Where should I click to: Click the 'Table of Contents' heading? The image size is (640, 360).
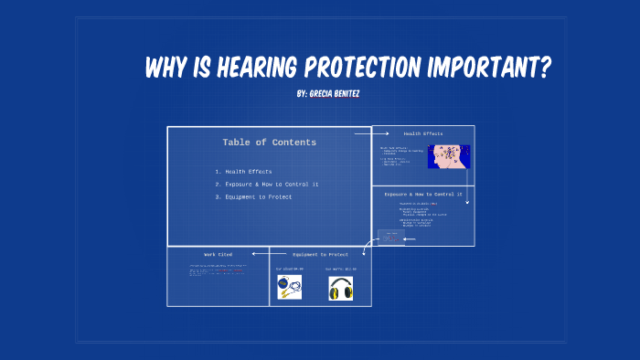269,143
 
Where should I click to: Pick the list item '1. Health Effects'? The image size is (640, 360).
243,172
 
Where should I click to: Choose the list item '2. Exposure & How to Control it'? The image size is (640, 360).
266,185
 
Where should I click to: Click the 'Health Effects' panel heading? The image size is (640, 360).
423,133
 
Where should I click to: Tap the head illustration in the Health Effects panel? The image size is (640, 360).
449,156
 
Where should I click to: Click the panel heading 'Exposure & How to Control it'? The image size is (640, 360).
423,195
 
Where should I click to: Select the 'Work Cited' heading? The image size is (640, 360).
218,254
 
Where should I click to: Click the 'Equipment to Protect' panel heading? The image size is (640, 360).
320,254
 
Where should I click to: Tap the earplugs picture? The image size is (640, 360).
290,289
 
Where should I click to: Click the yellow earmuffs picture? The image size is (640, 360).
341,289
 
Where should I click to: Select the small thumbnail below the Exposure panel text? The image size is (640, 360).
390,238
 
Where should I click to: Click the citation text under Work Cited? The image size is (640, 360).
218,270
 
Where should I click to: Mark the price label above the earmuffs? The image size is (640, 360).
341,270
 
